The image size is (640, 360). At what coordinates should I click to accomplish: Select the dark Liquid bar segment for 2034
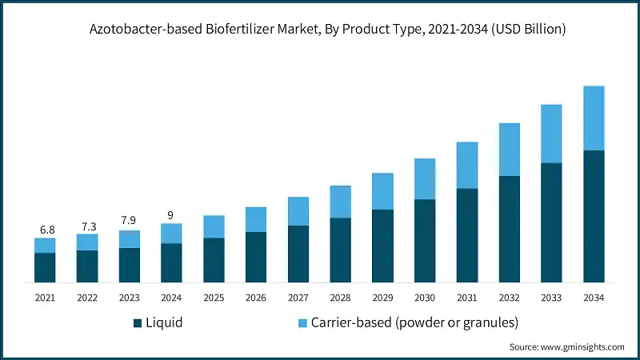pos(594,216)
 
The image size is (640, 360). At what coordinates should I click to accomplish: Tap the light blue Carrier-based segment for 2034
pos(594,118)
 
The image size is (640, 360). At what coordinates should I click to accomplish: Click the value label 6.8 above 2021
pos(45,230)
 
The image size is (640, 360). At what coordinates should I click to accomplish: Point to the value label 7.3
pos(87,226)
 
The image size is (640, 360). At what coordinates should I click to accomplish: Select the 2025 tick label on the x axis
pos(214,298)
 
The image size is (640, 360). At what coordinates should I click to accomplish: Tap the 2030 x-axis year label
pos(425,298)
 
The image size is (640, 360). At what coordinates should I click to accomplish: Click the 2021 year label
pos(45,298)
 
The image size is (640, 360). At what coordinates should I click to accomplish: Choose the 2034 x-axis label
pos(594,298)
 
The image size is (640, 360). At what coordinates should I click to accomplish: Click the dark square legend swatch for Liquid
pos(138,323)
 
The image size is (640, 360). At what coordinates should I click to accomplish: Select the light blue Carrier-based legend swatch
pos(302,323)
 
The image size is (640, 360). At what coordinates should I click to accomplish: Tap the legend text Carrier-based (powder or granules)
pos(414,323)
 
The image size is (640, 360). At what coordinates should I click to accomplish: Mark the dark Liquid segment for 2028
pos(340,250)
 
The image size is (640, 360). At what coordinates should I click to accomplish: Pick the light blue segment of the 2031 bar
pos(467,166)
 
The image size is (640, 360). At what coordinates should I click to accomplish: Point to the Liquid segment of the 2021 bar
pos(45,267)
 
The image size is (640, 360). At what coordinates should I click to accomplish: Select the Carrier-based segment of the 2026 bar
pos(256,219)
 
